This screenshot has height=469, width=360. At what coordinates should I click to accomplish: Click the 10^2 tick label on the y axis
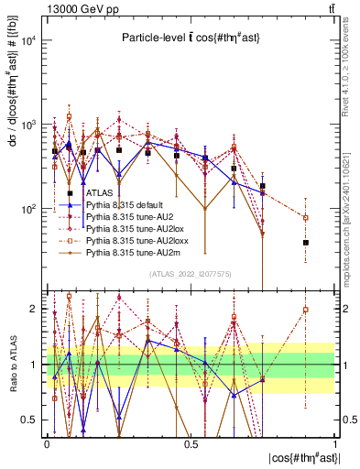point(29,209)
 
